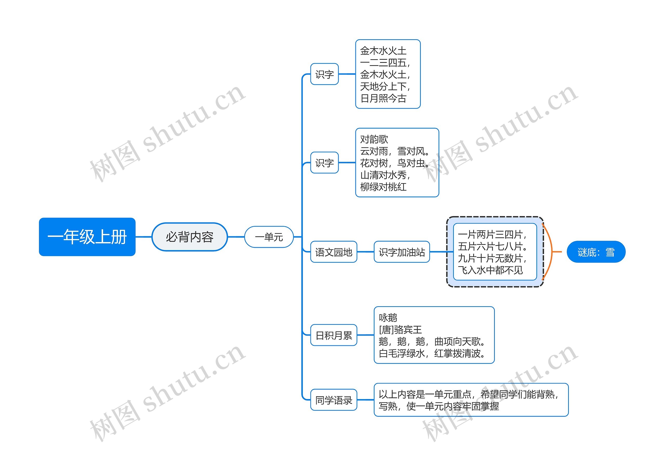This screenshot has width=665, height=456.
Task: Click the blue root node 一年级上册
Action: tap(87, 237)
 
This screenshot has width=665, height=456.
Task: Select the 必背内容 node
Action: tap(189, 237)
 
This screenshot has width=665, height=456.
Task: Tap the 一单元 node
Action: tap(269, 237)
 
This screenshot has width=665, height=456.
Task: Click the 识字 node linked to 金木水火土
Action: tap(324, 74)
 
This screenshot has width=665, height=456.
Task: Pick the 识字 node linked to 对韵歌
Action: tap(324, 163)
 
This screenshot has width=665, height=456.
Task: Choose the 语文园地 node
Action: tap(333, 252)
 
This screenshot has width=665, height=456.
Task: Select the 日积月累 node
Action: tap(333, 335)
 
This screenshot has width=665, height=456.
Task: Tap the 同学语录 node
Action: tap(333, 400)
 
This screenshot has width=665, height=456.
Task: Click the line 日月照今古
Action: tap(383, 98)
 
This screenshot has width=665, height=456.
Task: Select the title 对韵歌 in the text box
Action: tap(374, 139)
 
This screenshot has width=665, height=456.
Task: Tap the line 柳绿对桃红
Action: tap(383, 187)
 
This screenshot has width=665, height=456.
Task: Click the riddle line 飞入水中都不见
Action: tap(490, 270)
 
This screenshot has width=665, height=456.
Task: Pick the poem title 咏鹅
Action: tap(388, 318)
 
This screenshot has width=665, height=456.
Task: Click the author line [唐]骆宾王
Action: tap(400, 330)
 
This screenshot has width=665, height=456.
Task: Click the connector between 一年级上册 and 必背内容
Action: tap(143, 237)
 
